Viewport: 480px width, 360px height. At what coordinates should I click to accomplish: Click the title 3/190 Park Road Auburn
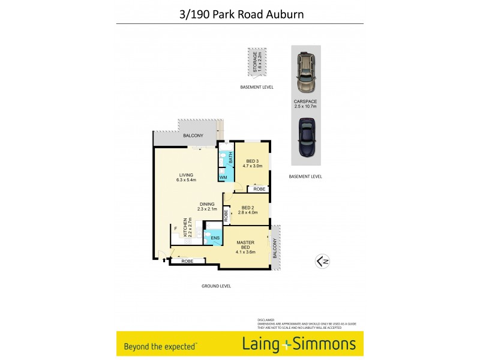click(x=240, y=13)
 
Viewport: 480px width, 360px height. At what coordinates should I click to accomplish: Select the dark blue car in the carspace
click(x=305, y=137)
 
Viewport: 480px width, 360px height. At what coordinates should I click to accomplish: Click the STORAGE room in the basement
click(x=256, y=62)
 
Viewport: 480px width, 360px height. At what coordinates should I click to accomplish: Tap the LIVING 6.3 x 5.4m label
click(x=186, y=177)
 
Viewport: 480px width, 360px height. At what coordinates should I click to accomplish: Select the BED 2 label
click(x=248, y=210)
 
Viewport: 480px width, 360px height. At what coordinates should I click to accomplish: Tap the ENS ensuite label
click(x=214, y=238)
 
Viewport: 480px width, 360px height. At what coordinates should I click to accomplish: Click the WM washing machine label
click(x=223, y=178)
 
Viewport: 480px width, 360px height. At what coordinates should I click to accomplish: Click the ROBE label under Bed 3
click(x=259, y=189)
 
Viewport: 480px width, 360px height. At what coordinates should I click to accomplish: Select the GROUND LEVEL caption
click(x=216, y=286)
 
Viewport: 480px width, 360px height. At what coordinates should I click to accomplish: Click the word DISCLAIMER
click(x=266, y=320)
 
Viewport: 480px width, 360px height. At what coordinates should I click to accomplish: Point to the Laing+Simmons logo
click(x=299, y=344)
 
